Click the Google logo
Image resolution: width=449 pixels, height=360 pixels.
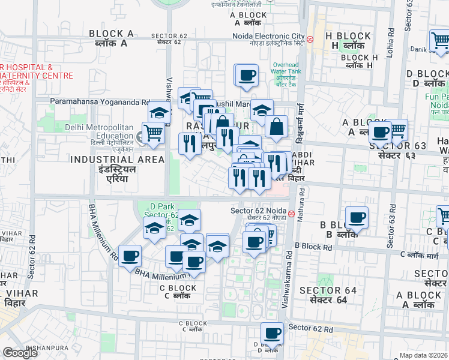click(20, 353)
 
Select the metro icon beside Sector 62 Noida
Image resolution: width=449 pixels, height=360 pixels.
click(291, 214)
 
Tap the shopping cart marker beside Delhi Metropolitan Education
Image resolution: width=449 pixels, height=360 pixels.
click(154, 133)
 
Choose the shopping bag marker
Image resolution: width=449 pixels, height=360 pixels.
click(276, 127)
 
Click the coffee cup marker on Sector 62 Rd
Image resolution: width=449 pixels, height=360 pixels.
click(272, 334)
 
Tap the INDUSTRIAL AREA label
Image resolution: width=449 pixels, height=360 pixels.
click(117, 160)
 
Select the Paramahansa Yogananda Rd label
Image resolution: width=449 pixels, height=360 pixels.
click(100, 102)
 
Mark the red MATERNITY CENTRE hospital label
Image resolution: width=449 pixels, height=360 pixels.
click(36, 76)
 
